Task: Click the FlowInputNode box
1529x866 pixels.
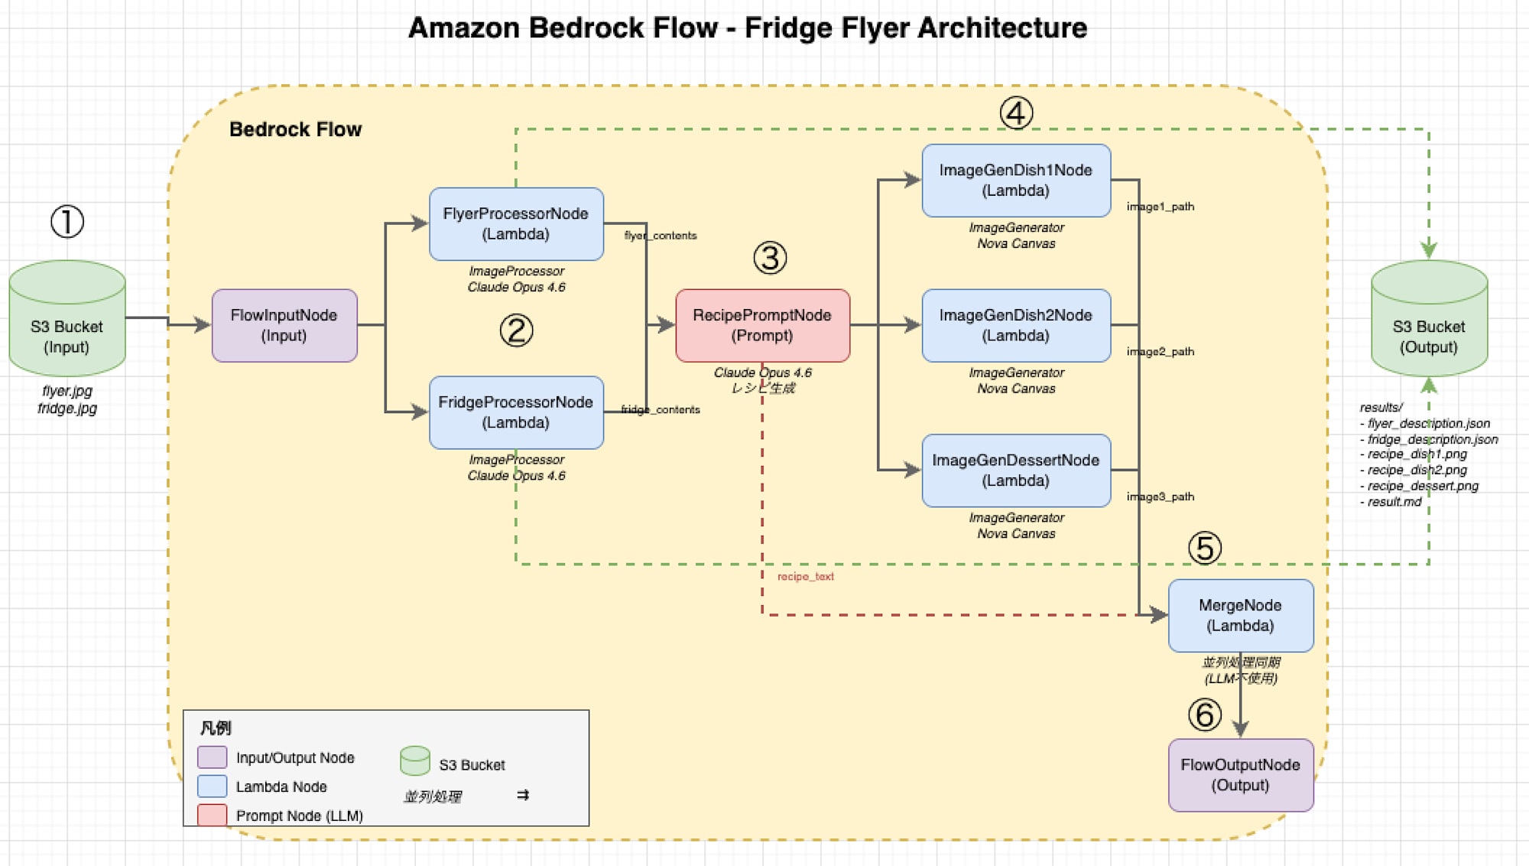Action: tap(284, 325)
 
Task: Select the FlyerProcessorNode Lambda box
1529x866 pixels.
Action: tap(516, 223)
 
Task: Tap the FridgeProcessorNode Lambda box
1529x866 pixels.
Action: tap(516, 412)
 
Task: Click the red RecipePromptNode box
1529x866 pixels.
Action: tap(762, 325)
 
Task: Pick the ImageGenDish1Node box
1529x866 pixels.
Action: tap(1015, 181)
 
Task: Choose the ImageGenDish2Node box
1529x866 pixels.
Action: tap(1015, 325)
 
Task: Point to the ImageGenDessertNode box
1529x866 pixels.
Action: tap(1015, 470)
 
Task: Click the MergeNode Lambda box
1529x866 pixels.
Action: tap(1240, 615)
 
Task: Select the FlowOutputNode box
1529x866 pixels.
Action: tap(1240, 775)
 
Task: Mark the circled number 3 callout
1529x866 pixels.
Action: tap(770, 259)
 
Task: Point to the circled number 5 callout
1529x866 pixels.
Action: tap(1204, 549)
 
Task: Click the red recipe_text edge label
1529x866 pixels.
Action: tap(805, 577)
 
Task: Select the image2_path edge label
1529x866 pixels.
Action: tap(1160, 352)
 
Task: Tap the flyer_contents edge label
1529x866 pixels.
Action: tap(661, 236)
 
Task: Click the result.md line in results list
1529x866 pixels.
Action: tap(1394, 502)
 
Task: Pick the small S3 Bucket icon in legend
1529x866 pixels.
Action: tap(415, 760)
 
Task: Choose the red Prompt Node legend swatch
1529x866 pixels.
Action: tap(212, 815)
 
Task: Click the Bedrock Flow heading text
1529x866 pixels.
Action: tap(295, 129)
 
